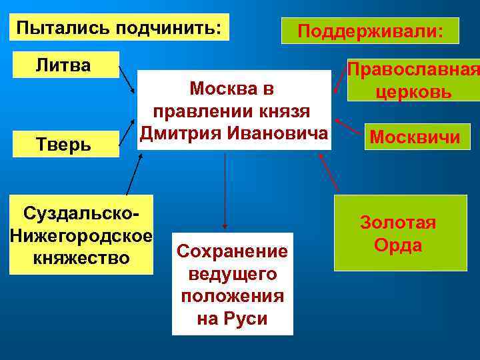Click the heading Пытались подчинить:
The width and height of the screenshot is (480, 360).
119,28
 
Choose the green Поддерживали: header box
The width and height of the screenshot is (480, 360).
370,31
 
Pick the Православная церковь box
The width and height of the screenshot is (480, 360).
413,81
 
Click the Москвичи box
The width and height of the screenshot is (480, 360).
415,138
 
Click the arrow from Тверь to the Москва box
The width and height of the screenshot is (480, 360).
126,131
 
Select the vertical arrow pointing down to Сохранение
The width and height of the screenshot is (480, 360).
225,190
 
